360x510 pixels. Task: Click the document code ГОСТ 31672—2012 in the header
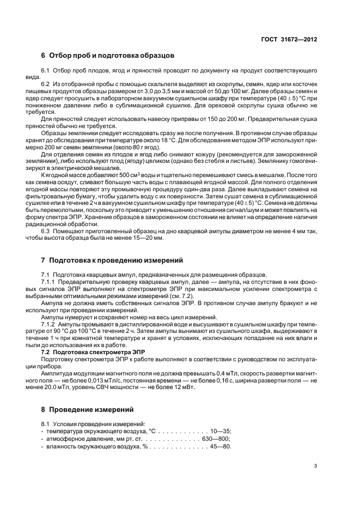click(x=289, y=39)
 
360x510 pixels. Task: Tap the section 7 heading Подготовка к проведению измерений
click(x=113, y=260)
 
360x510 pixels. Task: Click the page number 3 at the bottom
click(x=316, y=466)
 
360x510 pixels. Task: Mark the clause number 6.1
click(x=46, y=71)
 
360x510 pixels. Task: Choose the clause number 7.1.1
click(x=49, y=281)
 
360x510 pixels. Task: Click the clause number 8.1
click(x=46, y=423)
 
